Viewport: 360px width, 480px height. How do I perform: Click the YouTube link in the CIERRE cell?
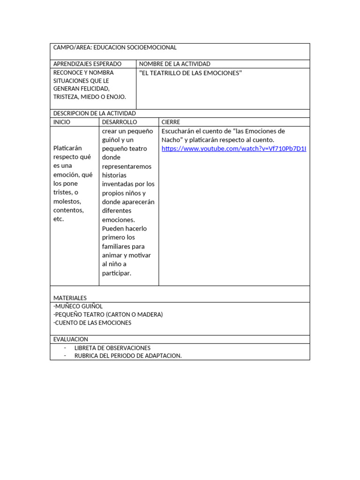pyautogui.click(x=233, y=149)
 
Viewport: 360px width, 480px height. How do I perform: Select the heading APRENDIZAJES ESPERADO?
pyautogui.click(x=87, y=64)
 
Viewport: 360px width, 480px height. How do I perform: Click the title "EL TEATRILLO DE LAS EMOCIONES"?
pyautogui.click(x=190, y=73)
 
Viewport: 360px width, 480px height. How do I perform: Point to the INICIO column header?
pyautogui.click(x=62, y=122)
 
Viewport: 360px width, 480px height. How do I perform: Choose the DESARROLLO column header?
pyautogui.click(x=120, y=122)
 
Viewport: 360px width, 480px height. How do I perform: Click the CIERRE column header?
pyautogui.click(x=171, y=122)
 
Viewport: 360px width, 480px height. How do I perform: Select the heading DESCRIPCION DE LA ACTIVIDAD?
pyautogui.click(x=95, y=113)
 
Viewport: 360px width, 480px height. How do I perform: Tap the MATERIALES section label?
pyautogui.click(x=70, y=298)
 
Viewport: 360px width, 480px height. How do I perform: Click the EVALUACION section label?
pyautogui.click(x=71, y=339)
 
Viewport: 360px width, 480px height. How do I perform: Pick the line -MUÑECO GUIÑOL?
pyautogui.click(x=78, y=306)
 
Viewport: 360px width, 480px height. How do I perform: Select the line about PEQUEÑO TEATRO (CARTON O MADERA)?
pyautogui.click(x=108, y=315)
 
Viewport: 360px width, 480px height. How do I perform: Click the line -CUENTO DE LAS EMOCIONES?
pyautogui.click(x=92, y=323)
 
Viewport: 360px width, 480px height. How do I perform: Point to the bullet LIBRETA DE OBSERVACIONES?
pyautogui.click(x=112, y=348)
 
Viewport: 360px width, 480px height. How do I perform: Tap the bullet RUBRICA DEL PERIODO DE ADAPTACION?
pyautogui.click(x=128, y=356)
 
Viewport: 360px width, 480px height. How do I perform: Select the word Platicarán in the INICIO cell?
pyautogui.click(x=68, y=148)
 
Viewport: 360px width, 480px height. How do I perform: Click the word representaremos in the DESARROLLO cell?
pyautogui.click(x=127, y=166)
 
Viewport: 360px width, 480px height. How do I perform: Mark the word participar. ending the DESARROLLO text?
pyautogui.click(x=117, y=273)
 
